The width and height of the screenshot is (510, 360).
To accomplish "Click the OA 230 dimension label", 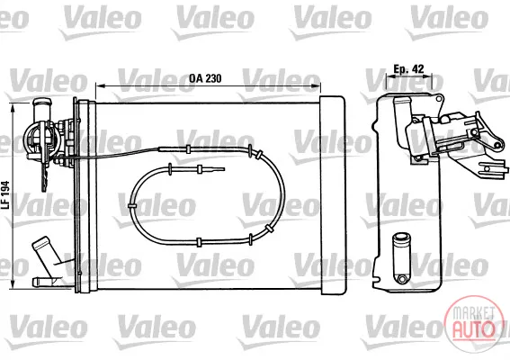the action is pos(205,78).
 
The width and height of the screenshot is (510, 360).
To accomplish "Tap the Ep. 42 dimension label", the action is pos(408,69).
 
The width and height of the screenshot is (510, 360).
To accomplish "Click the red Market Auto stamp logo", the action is pos(473,321).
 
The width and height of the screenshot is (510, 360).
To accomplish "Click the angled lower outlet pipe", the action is pos(46,254).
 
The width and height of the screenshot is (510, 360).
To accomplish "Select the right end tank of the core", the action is pos(332,195).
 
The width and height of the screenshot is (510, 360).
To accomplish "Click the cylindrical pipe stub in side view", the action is pos(401,250).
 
